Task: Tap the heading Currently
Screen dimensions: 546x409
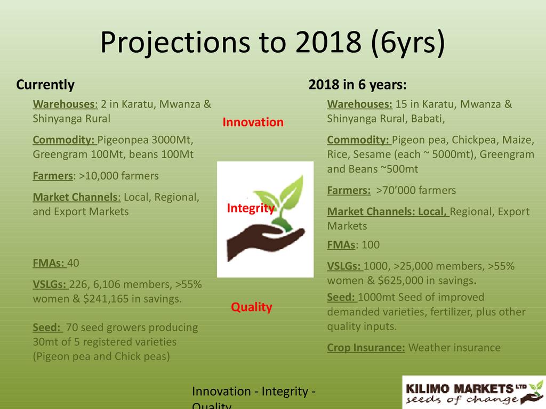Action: pyautogui.click(x=45, y=85)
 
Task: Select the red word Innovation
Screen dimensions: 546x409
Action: pyautogui.click(x=253, y=122)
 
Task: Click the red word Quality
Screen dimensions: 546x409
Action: pyautogui.click(x=252, y=307)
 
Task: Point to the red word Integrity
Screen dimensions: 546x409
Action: pyautogui.click(x=251, y=208)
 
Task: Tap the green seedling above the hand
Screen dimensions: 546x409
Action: pyautogui.click(x=282, y=202)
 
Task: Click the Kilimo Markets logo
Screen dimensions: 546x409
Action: pyautogui.click(x=474, y=392)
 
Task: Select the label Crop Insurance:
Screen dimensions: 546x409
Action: pyautogui.click(x=366, y=348)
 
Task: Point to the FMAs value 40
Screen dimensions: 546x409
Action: pyautogui.click(x=73, y=263)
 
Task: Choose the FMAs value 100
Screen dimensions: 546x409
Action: pyautogui.click(x=371, y=245)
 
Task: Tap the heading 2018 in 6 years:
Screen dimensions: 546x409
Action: pyautogui.click(x=358, y=85)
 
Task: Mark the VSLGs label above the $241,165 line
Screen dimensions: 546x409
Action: pyautogui.click(x=50, y=284)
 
